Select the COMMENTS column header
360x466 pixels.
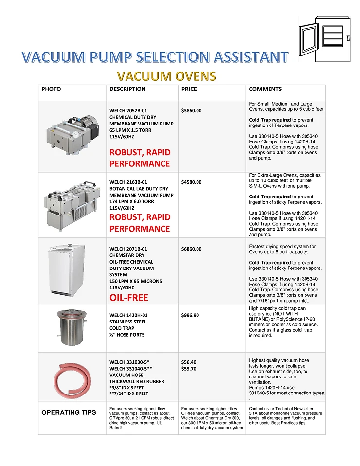tap(265, 89)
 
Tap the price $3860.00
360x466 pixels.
tap(191, 110)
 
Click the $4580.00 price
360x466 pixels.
tap(191, 182)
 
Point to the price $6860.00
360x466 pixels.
tap(191, 249)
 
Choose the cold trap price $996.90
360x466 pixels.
tap(190, 315)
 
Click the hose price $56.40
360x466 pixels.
tap(189, 362)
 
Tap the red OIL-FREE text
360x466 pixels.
tap(129, 297)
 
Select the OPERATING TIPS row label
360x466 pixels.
tap(69, 412)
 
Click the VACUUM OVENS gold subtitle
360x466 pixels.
tap(166, 76)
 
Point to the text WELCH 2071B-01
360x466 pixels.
tap(128, 249)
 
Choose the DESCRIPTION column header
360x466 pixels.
tap(127, 89)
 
